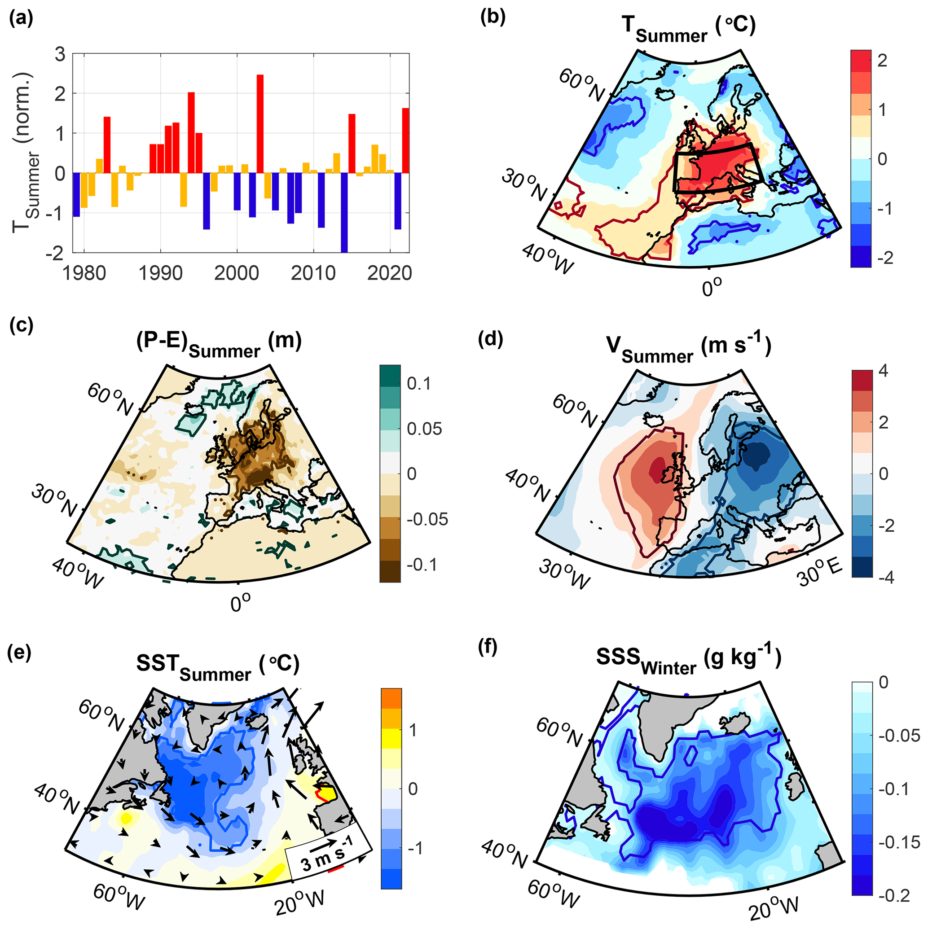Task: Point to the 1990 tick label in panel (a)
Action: click(x=160, y=273)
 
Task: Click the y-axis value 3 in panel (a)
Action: click(x=60, y=54)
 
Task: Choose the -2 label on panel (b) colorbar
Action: click(x=881, y=258)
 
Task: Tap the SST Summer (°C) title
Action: click(x=217, y=666)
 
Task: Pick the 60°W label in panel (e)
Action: click(x=119, y=896)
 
